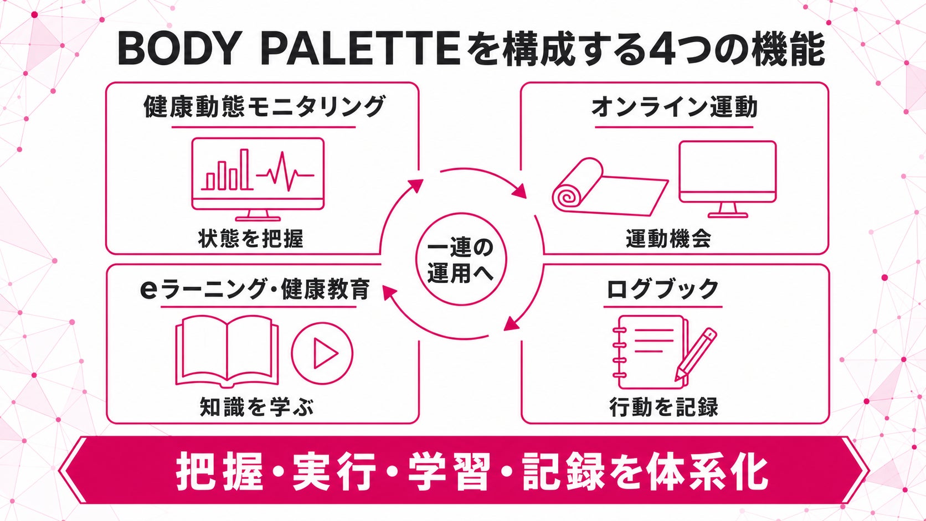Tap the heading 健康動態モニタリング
coord(265,107)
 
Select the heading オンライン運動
coord(674,107)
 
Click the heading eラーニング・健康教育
coord(255,289)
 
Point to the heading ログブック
coord(663,289)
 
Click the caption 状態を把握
coord(251,239)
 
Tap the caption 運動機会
coord(668,239)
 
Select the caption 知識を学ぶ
coord(257,406)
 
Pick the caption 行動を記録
coord(663,406)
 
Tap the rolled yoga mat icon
coord(610,187)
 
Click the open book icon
coord(227,352)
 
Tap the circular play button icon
coord(322,353)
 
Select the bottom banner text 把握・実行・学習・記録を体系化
coord(472,471)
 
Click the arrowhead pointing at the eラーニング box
coord(389,292)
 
